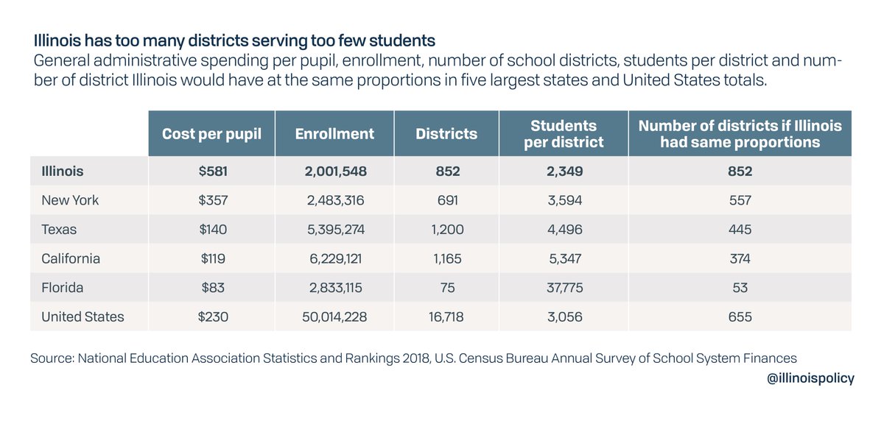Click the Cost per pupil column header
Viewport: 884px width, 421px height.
tap(211, 133)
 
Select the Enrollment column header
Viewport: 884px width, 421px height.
tap(334, 133)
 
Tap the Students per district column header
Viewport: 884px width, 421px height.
tap(563, 133)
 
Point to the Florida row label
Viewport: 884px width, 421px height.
tap(63, 288)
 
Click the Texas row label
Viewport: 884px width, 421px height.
tap(59, 230)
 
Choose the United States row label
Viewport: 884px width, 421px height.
tap(83, 317)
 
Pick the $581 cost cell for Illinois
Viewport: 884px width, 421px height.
tap(211, 171)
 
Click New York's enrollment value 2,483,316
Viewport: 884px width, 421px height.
tap(334, 200)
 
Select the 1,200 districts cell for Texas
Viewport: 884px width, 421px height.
tap(446, 230)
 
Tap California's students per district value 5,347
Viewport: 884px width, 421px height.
tap(563, 259)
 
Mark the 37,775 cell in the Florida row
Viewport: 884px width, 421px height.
tap(563, 288)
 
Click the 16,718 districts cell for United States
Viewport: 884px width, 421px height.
tap(446, 317)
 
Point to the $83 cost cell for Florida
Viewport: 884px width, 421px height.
tap(211, 288)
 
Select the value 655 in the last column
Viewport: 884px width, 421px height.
tap(740, 317)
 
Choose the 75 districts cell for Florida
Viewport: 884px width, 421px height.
tap(446, 288)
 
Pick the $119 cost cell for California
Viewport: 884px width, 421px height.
tap(211, 259)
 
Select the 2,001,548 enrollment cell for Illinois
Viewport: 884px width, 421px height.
tap(334, 171)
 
